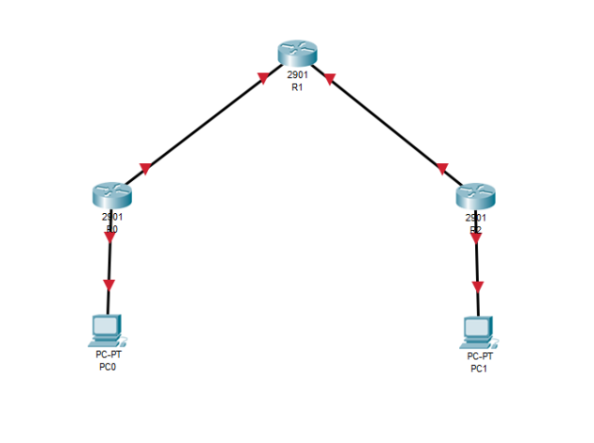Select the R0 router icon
(111, 195)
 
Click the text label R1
(298, 87)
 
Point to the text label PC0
(109, 367)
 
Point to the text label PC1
(480, 369)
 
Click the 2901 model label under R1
(298, 76)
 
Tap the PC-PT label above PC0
(109, 356)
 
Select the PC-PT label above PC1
(480, 358)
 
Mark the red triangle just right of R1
(329, 80)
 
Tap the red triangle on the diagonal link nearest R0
(145, 169)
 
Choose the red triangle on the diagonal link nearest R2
(441, 169)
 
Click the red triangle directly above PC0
(109, 283)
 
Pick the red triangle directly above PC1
(479, 286)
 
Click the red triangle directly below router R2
(476, 237)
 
